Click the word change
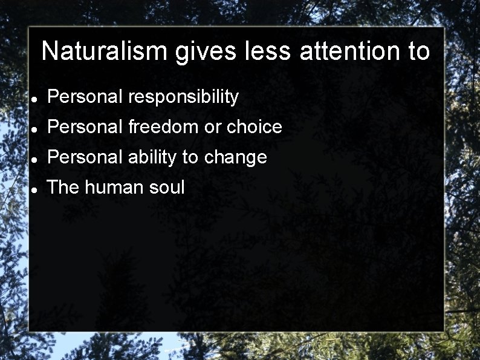(x=235, y=158)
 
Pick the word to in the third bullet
(x=190, y=157)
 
